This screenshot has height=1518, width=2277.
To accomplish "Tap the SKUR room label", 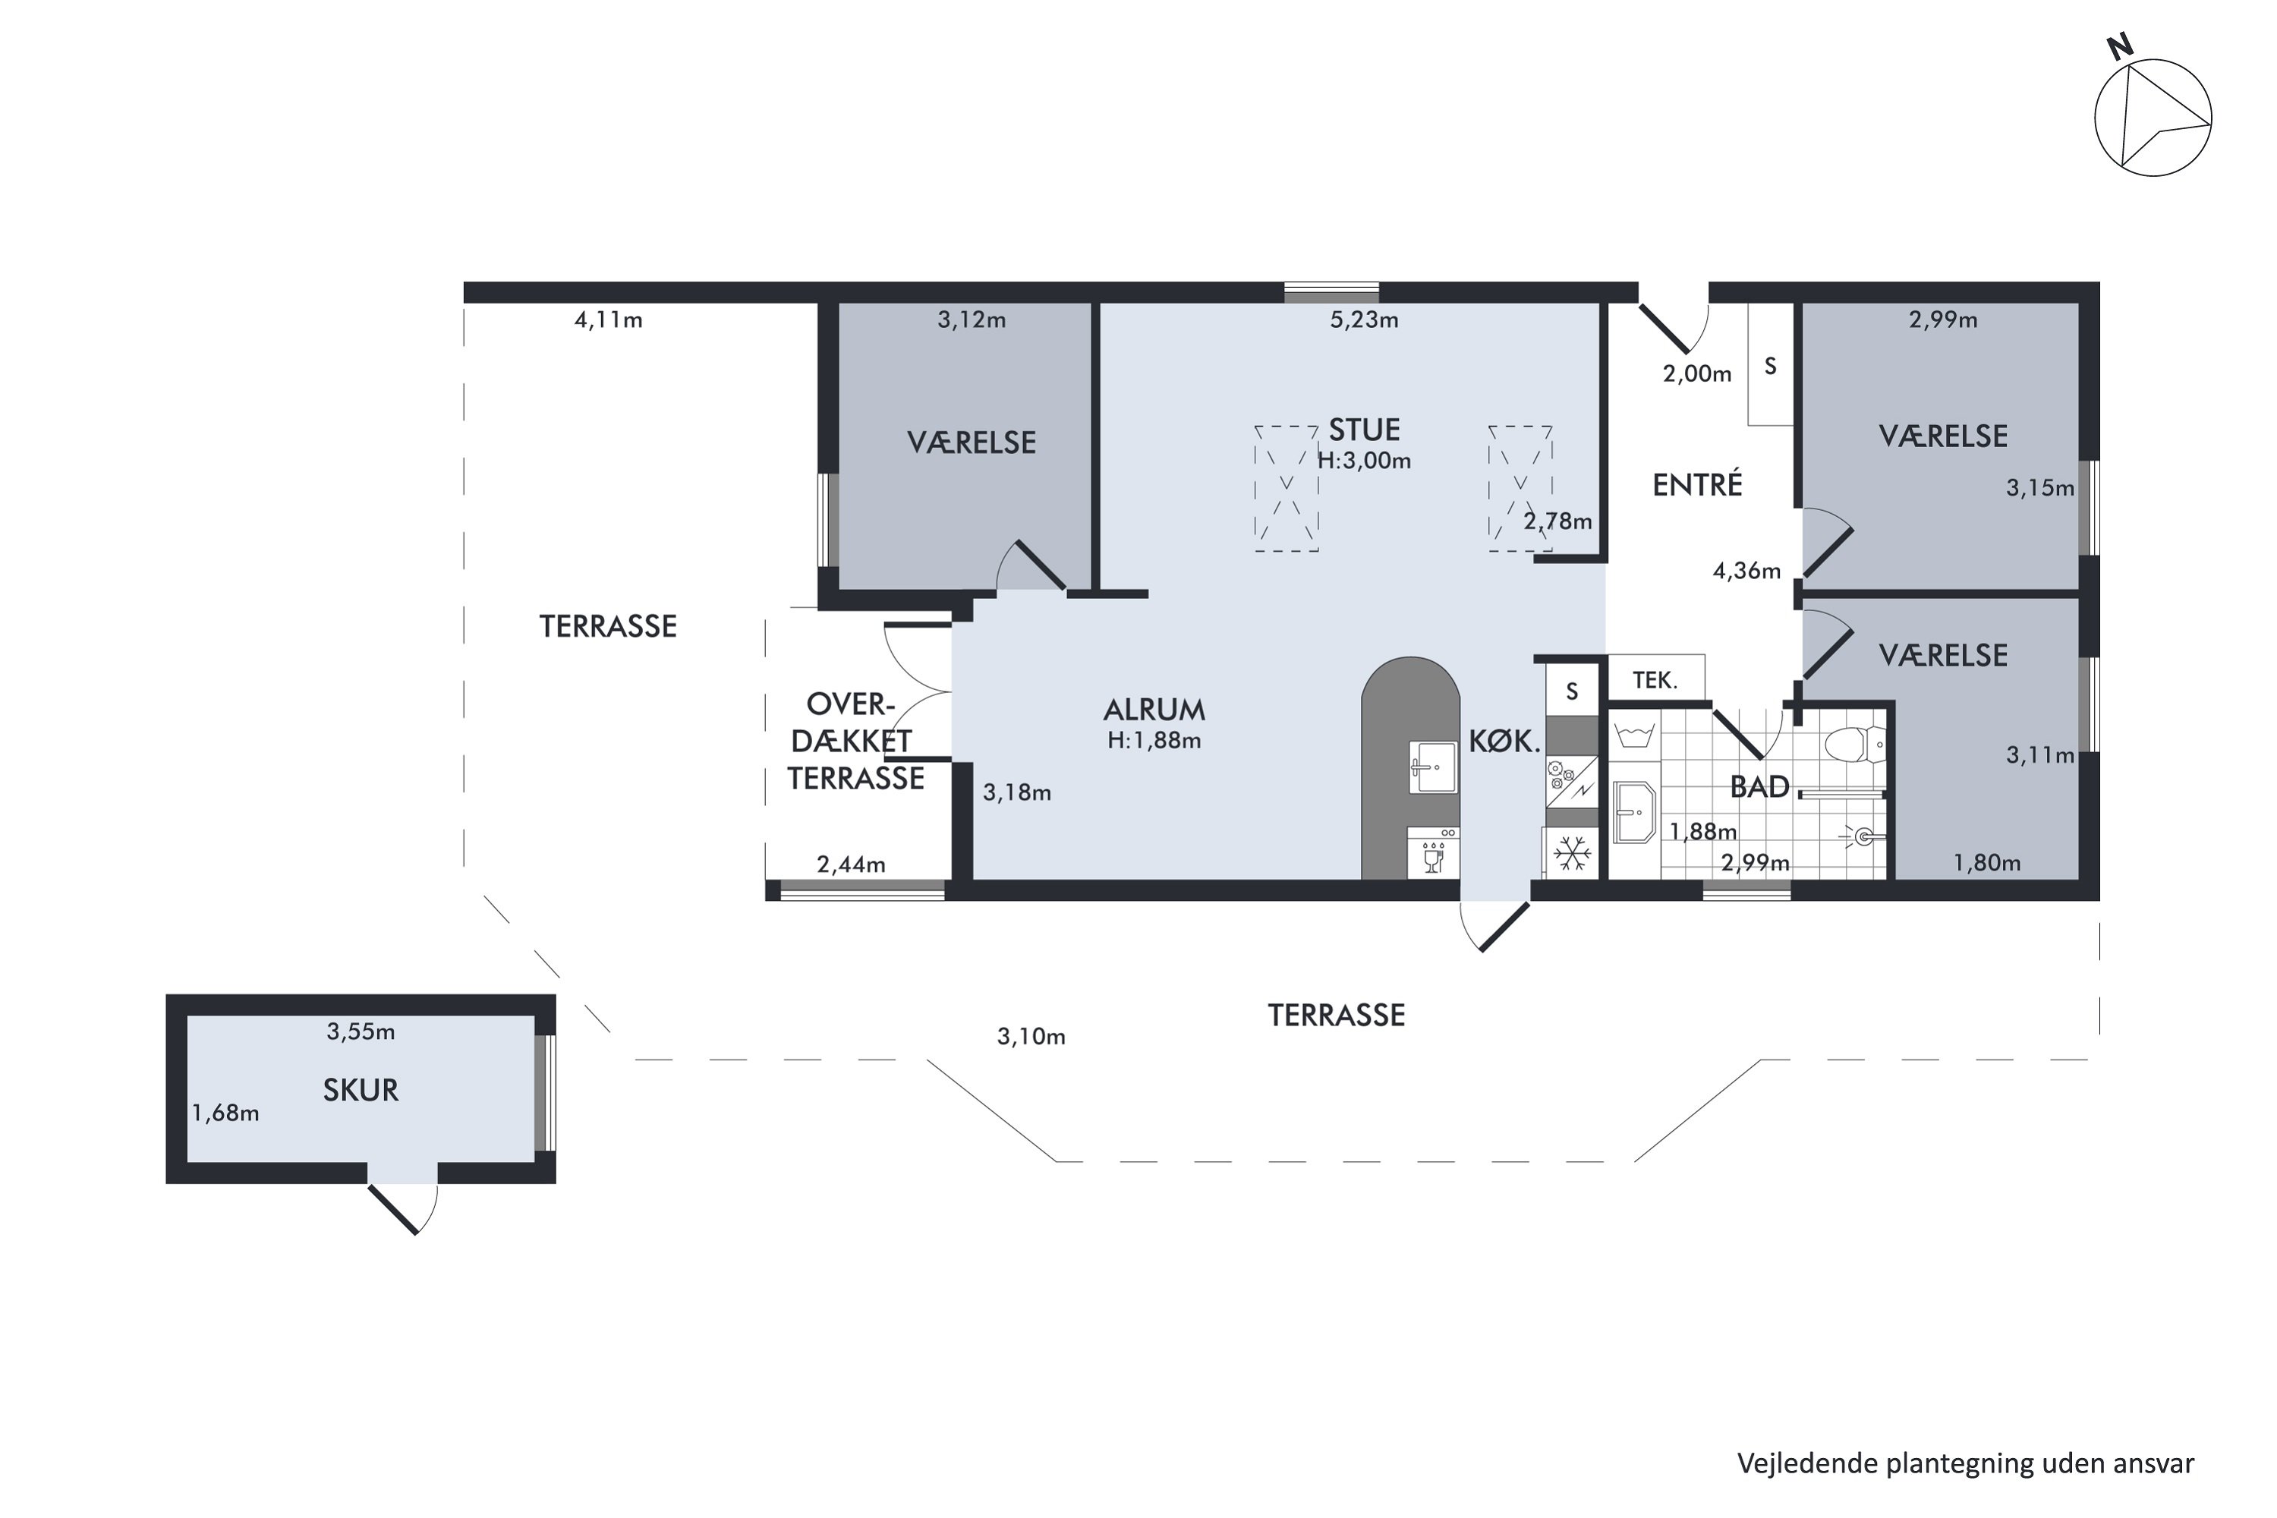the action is click(x=360, y=1090).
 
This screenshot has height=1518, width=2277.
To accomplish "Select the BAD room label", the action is click(x=1759, y=787).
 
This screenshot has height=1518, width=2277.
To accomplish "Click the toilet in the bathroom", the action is click(x=1855, y=745).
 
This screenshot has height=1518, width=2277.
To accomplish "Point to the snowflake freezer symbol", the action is click(x=1571, y=854).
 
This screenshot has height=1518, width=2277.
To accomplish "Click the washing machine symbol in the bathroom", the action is click(x=1634, y=735).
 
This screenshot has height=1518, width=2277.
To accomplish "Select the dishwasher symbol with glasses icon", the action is click(x=1433, y=852).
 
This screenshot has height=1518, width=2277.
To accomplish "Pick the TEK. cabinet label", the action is click(x=1655, y=679).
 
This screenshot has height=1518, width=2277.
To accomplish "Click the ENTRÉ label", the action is click(x=1697, y=484).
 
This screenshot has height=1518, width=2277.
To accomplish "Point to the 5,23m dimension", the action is click(x=1363, y=320).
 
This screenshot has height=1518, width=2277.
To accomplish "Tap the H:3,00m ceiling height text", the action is click(x=1363, y=461).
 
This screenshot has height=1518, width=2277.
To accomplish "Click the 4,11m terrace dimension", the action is click(x=608, y=320).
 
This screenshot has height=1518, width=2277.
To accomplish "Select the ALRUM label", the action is click(x=1154, y=710).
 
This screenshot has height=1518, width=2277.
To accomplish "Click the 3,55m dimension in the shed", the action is click(x=360, y=1032).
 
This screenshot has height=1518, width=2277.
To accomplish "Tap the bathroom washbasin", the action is click(x=1635, y=811).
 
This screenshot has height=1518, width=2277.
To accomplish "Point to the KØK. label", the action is click(x=1504, y=742).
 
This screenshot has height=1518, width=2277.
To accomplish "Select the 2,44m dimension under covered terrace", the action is click(x=851, y=864).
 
